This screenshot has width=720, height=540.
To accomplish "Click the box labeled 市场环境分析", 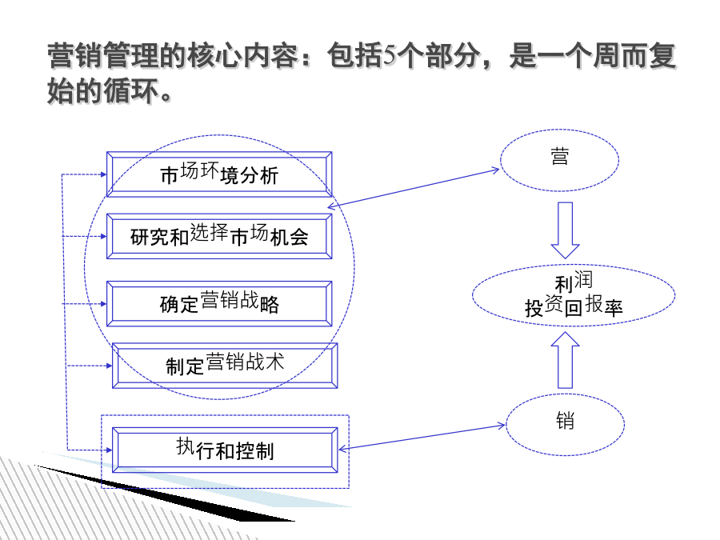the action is pos(219,174).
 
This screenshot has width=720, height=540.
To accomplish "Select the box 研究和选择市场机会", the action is pos(219,236).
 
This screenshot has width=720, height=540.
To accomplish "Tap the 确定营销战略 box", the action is pos(219,303).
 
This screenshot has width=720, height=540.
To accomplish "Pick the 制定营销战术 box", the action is pos(225,366).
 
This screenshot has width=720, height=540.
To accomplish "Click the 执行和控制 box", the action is pos(225,450).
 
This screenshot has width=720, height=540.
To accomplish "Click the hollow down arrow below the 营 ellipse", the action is pos(566,230).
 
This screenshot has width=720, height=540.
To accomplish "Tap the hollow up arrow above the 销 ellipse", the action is pos(566,360).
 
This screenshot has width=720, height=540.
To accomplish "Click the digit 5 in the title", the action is pos(390,55).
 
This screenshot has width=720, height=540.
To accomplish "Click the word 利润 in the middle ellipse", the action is pos(574,281).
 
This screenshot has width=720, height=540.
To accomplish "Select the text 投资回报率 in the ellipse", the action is pos(574,306).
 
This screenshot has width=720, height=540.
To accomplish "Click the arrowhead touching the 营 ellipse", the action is pos(495,170).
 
